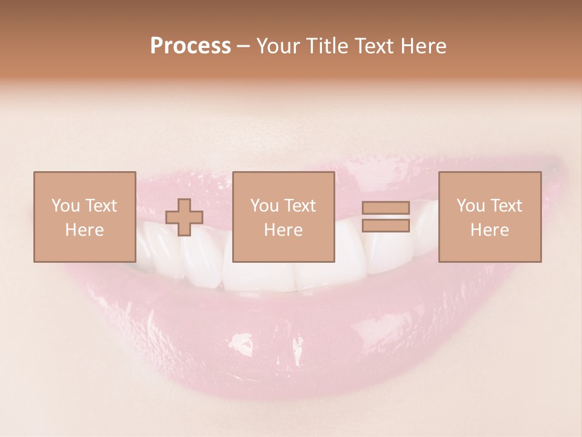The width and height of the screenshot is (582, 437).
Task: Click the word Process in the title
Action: (x=190, y=46)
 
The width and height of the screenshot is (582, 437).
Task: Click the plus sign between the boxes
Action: (x=184, y=217)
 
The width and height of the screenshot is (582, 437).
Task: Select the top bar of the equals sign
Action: (x=386, y=208)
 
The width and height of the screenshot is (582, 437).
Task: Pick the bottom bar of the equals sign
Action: (x=386, y=226)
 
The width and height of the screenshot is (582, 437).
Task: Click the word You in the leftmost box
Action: (x=65, y=206)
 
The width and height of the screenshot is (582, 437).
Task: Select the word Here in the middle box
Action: (x=283, y=230)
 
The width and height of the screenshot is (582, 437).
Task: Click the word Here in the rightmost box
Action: (x=489, y=230)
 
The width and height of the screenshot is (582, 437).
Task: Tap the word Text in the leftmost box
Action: (x=101, y=206)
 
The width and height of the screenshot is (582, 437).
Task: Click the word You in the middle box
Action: (x=264, y=206)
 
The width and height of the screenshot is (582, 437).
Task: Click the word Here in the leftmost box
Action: (x=84, y=230)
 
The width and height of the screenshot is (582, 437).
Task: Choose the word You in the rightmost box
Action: (x=470, y=206)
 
